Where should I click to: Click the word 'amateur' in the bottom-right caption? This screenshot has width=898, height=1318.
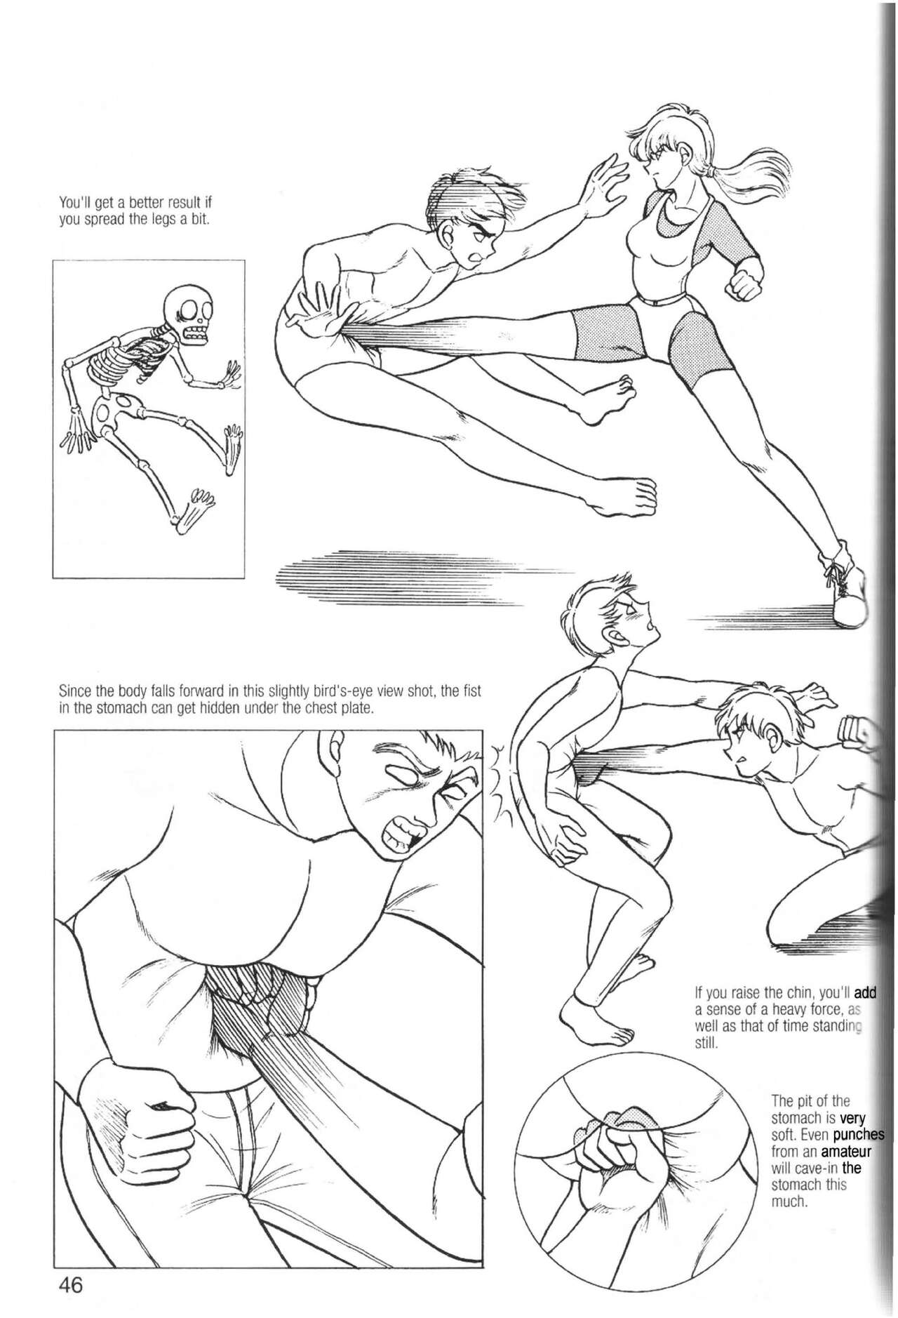(x=846, y=1152)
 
